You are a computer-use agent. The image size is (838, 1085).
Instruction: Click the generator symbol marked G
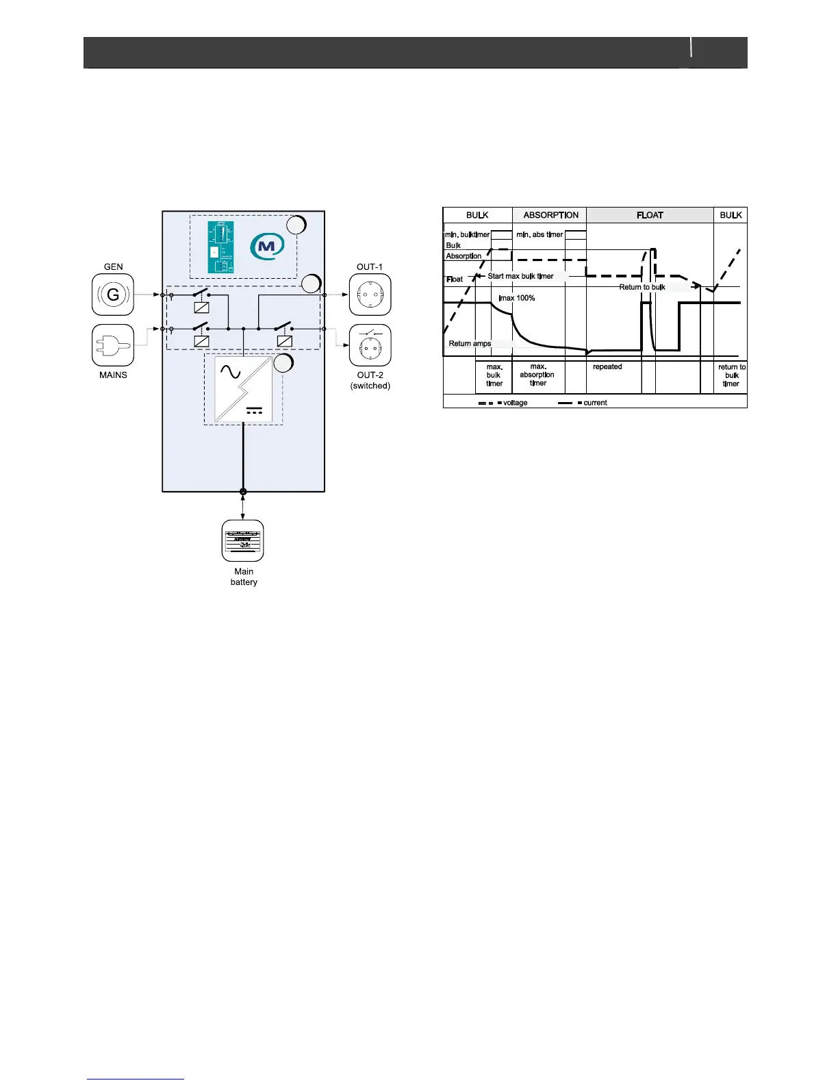[113, 295]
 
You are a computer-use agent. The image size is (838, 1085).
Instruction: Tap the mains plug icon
[113, 345]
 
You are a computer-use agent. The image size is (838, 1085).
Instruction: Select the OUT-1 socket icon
[370, 295]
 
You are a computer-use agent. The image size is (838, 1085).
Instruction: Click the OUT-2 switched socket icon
[370, 345]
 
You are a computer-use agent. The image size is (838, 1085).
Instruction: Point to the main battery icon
[243, 540]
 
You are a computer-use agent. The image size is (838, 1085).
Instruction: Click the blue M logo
[267, 246]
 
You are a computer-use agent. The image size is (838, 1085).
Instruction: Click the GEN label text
[113, 267]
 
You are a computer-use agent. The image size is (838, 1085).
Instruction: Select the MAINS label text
[113, 375]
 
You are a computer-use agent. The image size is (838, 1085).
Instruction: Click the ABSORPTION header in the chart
[550, 215]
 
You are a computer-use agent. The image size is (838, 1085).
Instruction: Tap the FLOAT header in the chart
[650, 215]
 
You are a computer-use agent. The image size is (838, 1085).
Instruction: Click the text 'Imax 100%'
[517, 298]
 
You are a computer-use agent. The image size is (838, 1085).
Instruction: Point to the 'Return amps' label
[470, 344]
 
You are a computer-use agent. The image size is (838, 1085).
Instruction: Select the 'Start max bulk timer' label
[520, 276]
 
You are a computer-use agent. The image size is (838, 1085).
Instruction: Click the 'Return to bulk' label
[642, 287]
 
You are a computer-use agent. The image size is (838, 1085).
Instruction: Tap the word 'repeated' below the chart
[607, 367]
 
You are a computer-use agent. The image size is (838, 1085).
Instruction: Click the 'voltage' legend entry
[515, 403]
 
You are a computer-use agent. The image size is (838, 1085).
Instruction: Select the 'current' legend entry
[595, 403]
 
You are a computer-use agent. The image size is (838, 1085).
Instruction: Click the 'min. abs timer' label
[539, 235]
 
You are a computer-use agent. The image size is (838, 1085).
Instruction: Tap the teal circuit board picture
[220, 247]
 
